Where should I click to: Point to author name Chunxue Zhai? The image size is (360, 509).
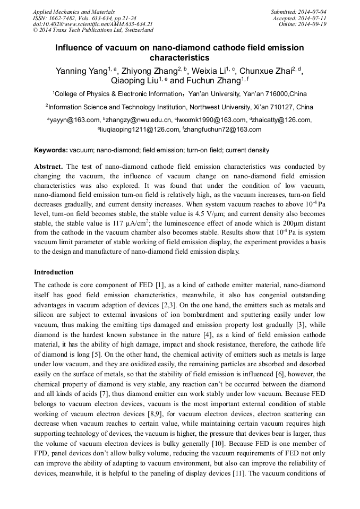(266, 71)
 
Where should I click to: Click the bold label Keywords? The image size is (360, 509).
(51, 150)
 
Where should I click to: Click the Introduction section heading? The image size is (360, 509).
(54, 272)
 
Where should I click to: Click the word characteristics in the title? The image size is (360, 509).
(179, 58)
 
